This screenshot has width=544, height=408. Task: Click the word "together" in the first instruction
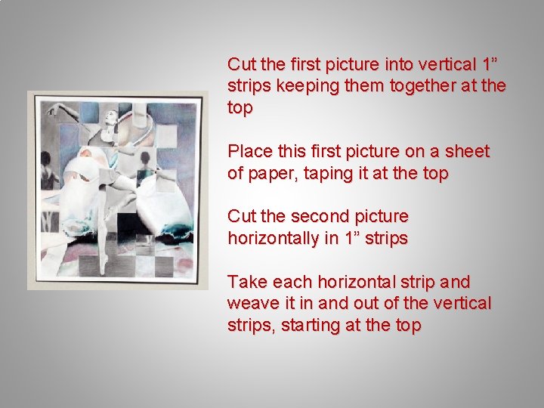(x=420, y=85)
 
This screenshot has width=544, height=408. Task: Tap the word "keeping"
(x=304, y=85)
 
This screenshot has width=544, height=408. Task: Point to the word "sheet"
(x=466, y=151)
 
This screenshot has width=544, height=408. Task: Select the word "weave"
(x=252, y=304)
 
